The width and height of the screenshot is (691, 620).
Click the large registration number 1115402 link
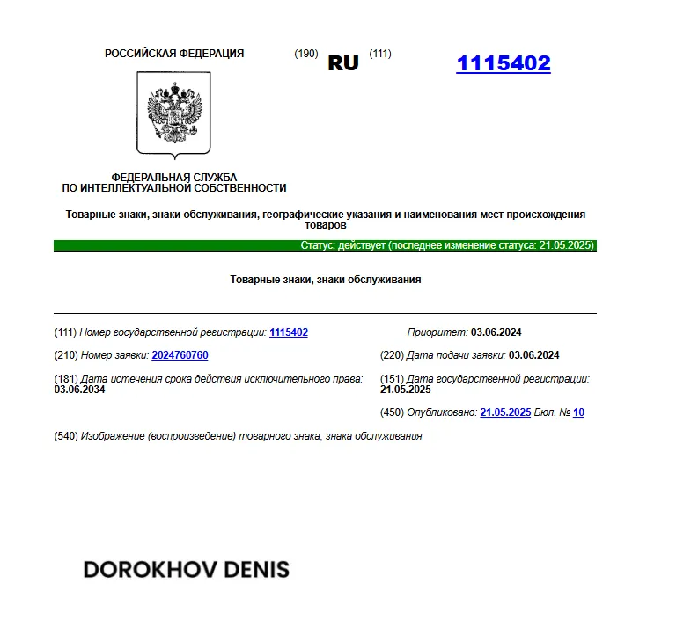503,63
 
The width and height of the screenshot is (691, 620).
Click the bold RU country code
343,63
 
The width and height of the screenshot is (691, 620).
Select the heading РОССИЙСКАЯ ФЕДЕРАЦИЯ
174,54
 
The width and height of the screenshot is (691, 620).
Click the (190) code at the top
305,54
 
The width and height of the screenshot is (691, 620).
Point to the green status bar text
448,245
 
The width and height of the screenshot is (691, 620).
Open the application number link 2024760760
180,355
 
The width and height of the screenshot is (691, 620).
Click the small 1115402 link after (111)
289,332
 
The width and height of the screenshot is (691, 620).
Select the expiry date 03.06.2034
80,389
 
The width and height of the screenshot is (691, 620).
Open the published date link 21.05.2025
505,412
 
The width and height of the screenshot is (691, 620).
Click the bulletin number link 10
578,412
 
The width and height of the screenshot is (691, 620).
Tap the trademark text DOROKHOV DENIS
186,569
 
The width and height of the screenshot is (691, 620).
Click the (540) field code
66,436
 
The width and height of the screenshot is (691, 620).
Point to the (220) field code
392,355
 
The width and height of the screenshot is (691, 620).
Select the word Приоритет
437,332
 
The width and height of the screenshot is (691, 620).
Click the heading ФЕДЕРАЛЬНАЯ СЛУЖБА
174,177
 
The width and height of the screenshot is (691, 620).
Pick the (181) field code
66,379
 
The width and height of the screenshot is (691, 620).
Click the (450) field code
392,412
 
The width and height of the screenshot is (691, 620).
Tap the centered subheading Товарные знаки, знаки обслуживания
326,280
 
